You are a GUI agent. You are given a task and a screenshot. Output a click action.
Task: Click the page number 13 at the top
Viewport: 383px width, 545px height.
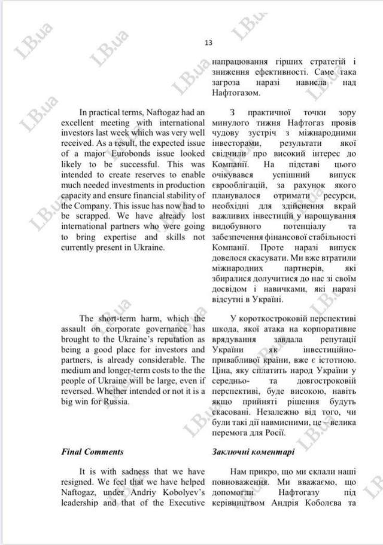pyautogui.click(x=208, y=43)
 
